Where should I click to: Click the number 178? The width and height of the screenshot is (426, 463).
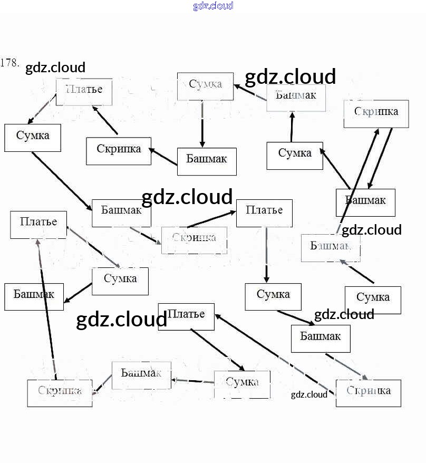[10, 63]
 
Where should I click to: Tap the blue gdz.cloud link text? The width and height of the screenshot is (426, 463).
[213, 6]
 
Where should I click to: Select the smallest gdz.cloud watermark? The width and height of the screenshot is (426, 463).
[309, 394]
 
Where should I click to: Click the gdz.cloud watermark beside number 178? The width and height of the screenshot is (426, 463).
[55, 68]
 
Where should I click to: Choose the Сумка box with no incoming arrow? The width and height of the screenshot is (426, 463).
[373, 300]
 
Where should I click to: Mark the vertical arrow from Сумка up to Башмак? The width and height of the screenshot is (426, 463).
[292, 127]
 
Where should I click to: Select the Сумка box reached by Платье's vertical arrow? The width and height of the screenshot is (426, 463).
[273, 296]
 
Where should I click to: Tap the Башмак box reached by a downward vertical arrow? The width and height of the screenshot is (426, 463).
[207, 161]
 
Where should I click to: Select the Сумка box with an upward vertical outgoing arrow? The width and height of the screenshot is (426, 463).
[295, 156]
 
